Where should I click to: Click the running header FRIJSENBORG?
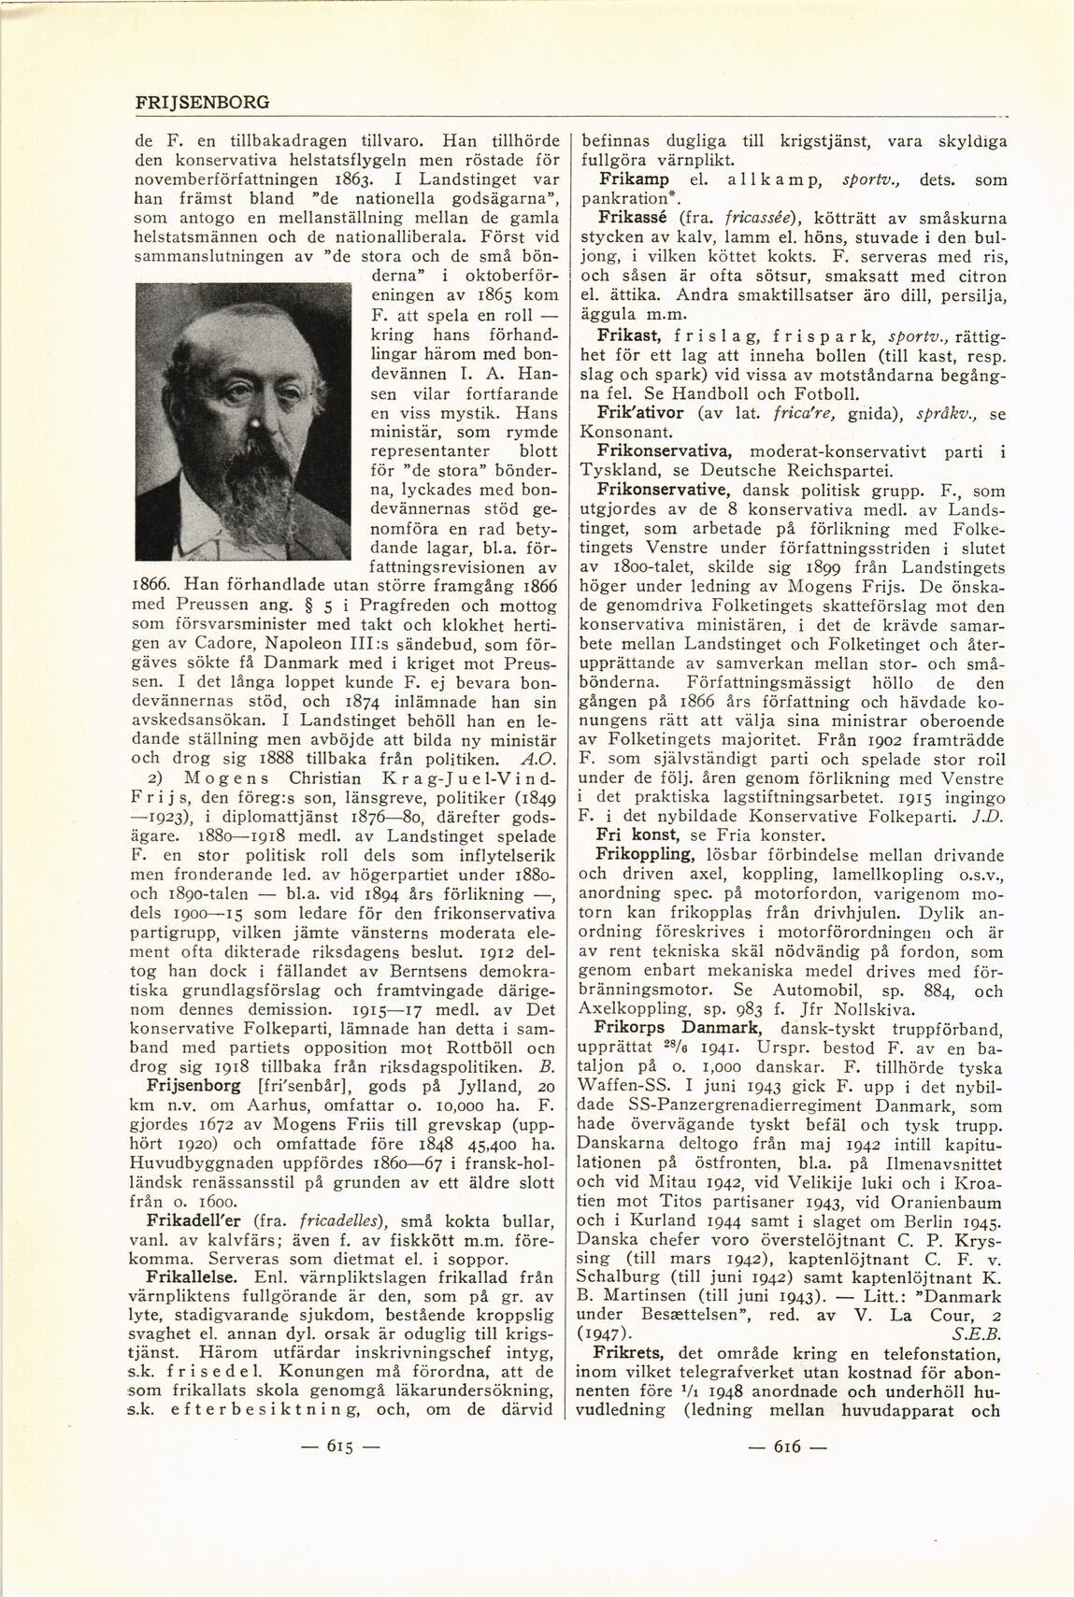202,102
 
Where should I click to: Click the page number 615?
337,1447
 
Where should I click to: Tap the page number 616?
788,1447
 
